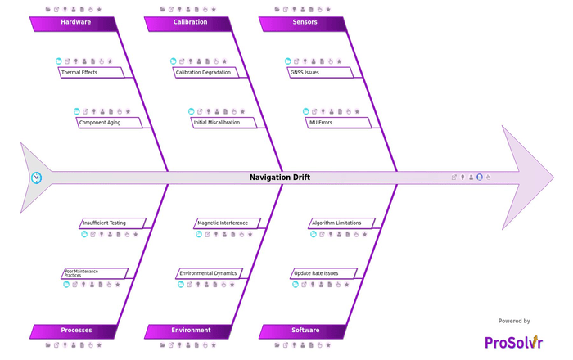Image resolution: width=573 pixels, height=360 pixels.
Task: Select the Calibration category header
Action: pos(188,24)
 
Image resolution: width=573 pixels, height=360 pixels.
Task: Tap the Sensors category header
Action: pos(304,24)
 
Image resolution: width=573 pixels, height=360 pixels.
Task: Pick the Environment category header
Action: pos(188,331)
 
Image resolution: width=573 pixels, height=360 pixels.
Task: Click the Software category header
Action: pos(304,331)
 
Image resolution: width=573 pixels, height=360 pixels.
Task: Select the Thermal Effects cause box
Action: pos(91,72)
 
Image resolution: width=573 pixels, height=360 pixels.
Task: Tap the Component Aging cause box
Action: pos(109,122)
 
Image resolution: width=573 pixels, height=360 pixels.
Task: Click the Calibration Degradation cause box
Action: pos(205,72)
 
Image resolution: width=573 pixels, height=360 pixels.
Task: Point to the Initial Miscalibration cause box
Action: pos(223,122)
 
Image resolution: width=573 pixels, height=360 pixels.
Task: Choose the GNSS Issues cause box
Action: pos(320,72)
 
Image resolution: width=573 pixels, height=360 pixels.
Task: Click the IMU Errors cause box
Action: pos(338,122)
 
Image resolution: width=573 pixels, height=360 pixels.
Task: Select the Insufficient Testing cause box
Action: pos(113,223)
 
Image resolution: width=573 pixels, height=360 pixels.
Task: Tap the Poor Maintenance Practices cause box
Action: pos(95,273)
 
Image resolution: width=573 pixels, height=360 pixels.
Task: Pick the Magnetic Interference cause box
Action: pos(227,223)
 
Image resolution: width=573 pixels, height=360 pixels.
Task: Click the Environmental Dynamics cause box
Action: pos(209,273)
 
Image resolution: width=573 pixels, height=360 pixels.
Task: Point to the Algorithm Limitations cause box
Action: pos(341,223)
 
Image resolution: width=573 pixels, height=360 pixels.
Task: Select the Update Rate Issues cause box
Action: pos(324,273)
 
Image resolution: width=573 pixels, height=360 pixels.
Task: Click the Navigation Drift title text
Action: pos(280,178)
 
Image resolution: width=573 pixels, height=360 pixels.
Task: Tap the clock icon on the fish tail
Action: pos(36,178)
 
